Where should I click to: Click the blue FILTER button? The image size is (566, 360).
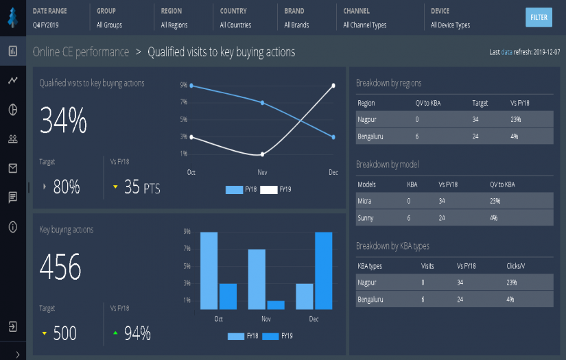click(x=539, y=17)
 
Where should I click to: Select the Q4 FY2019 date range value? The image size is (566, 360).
click(x=46, y=25)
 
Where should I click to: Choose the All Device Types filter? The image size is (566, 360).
click(x=450, y=25)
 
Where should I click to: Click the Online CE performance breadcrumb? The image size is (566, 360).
click(x=81, y=52)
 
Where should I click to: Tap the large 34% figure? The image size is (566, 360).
click(x=64, y=121)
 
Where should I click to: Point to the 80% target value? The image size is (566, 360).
click(x=67, y=187)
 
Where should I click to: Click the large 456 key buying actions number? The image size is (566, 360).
click(x=60, y=267)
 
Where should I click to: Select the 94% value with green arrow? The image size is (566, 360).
click(x=137, y=334)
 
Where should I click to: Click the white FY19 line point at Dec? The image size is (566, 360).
click(x=333, y=86)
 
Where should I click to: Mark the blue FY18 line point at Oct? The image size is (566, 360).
click(x=191, y=86)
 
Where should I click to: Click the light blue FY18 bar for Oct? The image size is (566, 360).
click(x=209, y=271)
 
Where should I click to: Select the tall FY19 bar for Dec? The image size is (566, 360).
click(x=324, y=271)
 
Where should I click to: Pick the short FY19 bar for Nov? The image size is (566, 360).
click(x=276, y=305)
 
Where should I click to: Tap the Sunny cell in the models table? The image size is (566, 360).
click(x=365, y=218)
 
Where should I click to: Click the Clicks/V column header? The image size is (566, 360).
click(x=516, y=265)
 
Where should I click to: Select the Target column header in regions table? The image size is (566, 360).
click(x=480, y=103)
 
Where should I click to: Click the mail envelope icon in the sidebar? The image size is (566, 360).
click(x=12, y=168)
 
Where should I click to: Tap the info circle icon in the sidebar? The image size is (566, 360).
click(x=12, y=227)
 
